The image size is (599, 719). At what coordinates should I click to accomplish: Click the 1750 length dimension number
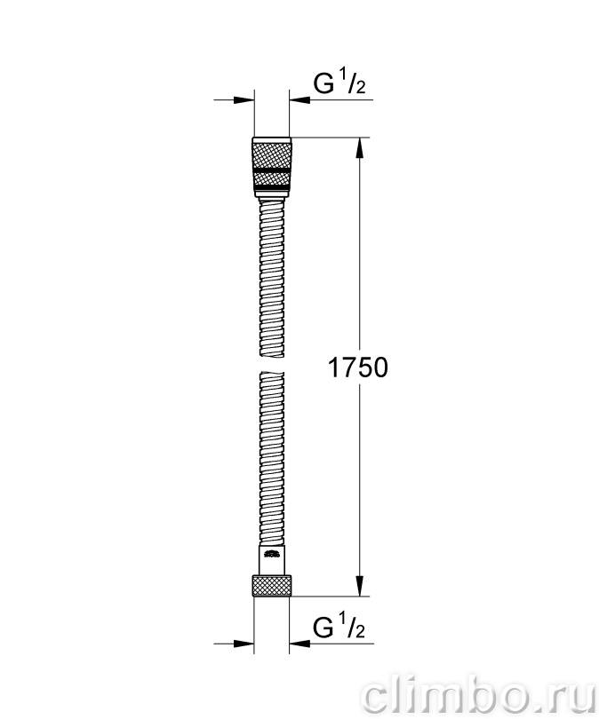pyautogui.click(x=358, y=367)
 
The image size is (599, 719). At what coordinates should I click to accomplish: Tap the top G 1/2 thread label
pyautogui.click(x=339, y=83)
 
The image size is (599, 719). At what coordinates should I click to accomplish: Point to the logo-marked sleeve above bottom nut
pyautogui.click(x=272, y=559)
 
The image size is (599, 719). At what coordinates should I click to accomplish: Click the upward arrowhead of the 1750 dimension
pyautogui.click(x=359, y=148)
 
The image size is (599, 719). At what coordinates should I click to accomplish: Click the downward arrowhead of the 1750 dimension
pyautogui.click(x=359, y=586)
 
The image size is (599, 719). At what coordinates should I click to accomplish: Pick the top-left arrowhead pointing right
pyautogui.click(x=244, y=100)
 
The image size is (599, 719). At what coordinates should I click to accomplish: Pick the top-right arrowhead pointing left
pyautogui.click(x=299, y=100)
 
